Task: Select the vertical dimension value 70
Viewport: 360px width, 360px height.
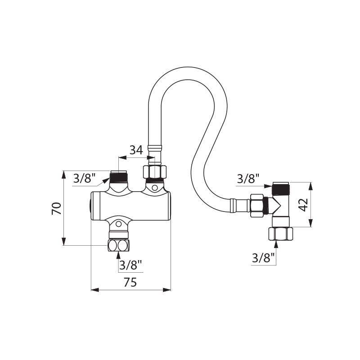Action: [x=56, y=208]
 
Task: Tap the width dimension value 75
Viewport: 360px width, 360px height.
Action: [x=130, y=282]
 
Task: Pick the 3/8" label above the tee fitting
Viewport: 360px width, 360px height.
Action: [x=248, y=178]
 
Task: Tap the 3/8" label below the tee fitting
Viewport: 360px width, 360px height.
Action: [x=263, y=258]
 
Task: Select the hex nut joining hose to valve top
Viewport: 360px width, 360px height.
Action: [x=155, y=172]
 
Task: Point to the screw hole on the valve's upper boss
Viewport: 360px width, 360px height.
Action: [x=155, y=186]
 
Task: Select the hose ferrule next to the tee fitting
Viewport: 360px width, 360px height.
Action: [x=233, y=205]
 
